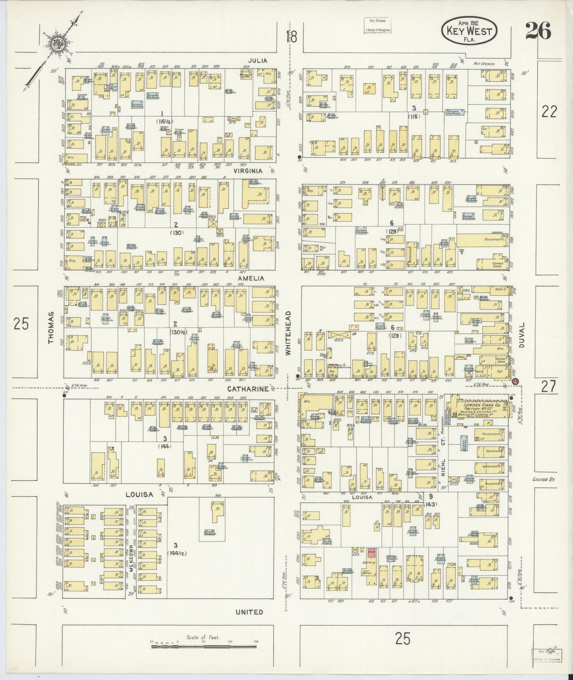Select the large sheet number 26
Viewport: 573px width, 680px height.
pos(538,31)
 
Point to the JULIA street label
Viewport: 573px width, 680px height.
pos(258,61)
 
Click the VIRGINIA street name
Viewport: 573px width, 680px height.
pos(248,171)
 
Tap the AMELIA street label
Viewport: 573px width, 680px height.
pos(251,279)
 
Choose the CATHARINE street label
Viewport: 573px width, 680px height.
pos(245,389)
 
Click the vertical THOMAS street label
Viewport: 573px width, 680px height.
pos(51,328)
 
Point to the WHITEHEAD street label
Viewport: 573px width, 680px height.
pos(289,332)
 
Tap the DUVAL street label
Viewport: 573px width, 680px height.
pos(521,334)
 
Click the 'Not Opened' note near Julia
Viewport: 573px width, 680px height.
pos(484,63)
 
